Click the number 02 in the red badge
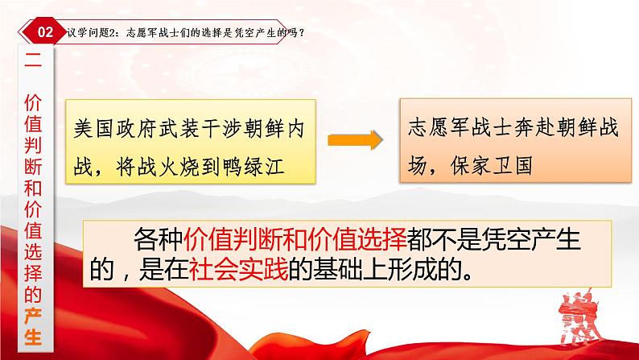tap(45, 32)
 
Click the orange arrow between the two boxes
tap(355, 140)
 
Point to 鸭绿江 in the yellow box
tap(253, 167)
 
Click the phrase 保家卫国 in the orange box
tap(492, 166)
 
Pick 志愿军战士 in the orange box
tap(460, 127)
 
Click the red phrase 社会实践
tap(238, 270)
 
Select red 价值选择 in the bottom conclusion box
tap(357, 238)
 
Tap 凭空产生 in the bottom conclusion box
tap(530, 238)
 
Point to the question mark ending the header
tap(301, 32)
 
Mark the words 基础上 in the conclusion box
tap(350, 270)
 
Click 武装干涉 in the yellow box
tap(201, 129)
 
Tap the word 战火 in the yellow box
tap(158, 167)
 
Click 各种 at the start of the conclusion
tap(158, 238)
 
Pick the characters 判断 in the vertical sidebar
tap(33, 155)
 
